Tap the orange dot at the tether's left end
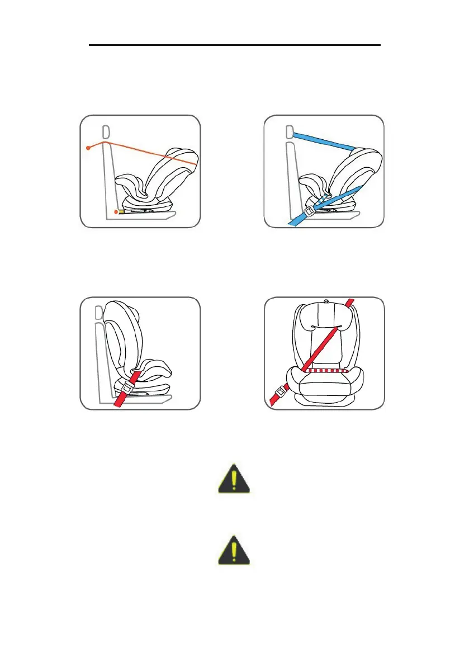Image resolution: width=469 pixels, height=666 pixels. tap(89, 148)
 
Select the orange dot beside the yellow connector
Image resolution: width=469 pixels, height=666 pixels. tap(115, 212)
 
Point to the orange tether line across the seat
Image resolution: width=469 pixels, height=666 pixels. tap(151, 152)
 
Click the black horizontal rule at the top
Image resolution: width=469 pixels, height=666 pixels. tap(235, 45)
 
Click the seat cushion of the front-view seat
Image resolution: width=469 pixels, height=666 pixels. tap(324, 386)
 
